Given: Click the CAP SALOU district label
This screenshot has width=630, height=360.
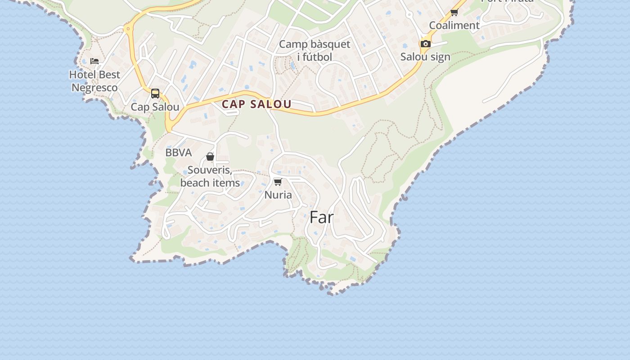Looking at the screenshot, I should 256,104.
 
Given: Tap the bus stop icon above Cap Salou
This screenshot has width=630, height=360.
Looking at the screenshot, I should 155,94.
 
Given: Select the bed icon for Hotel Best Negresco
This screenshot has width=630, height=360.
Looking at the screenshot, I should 94,61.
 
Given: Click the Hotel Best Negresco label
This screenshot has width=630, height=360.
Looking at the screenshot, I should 94,81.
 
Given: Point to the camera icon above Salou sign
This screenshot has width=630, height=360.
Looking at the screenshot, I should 425,44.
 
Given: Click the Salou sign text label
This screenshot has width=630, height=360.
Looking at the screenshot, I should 425,57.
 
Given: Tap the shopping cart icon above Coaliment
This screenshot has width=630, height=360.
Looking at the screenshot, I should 454,13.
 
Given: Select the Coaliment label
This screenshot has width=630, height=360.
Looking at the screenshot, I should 454,25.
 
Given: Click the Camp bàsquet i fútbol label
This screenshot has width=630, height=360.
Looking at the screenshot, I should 315,50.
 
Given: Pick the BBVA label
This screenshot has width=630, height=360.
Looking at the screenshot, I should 179,153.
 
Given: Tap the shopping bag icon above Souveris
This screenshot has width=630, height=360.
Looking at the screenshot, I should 210,157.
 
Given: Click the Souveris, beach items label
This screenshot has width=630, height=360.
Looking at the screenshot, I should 210,176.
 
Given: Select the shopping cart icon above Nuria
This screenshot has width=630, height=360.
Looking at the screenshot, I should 278,182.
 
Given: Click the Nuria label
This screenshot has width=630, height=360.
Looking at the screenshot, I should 278,195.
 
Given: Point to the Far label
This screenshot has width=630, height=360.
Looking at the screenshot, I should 321,218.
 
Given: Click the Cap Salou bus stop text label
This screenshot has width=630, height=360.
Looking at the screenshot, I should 155,107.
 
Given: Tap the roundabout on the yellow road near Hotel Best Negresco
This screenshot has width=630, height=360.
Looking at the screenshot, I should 129,29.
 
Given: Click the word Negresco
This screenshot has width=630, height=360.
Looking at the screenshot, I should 94,87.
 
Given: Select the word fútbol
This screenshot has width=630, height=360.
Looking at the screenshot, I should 318,57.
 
